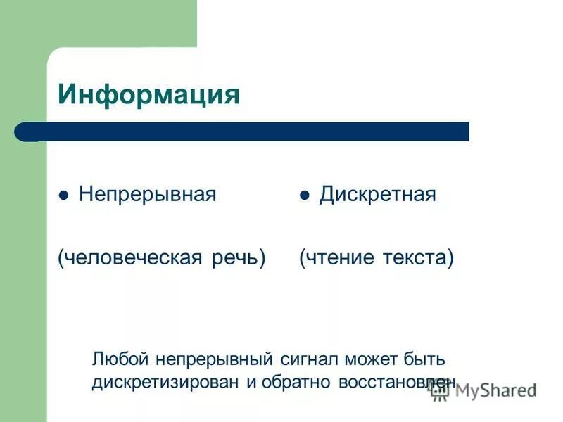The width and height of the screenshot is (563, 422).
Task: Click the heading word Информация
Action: click(x=148, y=94)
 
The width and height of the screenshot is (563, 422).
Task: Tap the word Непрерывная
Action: click(x=147, y=195)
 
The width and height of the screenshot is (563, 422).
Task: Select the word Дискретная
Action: click(x=378, y=195)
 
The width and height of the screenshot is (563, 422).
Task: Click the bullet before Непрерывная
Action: click(x=63, y=196)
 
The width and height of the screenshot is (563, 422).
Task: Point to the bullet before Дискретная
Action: click(x=305, y=196)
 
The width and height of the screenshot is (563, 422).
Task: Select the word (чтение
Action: click(x=336, y=258)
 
